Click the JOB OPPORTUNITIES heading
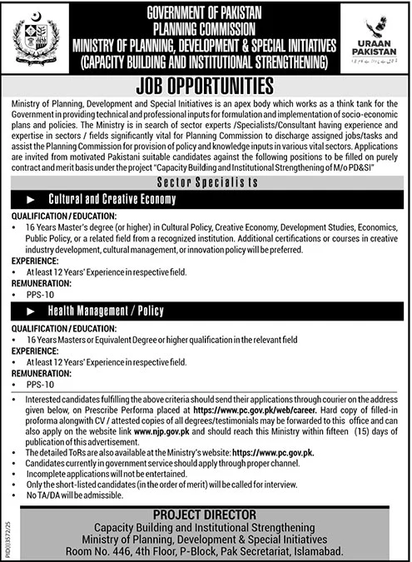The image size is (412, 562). (x=206, y=85)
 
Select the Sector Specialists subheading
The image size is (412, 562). (x=206, y=180)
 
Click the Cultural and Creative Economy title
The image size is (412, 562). (x=124, y=200)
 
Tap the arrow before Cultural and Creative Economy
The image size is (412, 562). (x=31, y=200)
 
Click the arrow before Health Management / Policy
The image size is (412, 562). (x=31, y=307)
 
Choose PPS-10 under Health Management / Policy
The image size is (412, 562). (x=39, y=385)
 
